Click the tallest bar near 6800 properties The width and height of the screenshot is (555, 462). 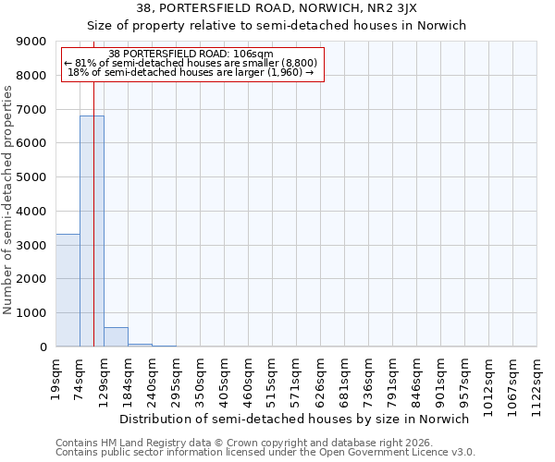click(92, 231)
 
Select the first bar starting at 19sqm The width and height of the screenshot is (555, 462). click(68, 290)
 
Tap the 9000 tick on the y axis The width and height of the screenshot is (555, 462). click(32, 42)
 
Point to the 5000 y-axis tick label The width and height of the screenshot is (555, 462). click(32, 177)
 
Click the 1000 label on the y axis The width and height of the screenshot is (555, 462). click(32, 313)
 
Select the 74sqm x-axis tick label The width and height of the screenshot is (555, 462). click(80, 378)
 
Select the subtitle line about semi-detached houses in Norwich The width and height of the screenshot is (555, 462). click(277, 25)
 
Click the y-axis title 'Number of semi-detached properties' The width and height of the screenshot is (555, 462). click(8, 200)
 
